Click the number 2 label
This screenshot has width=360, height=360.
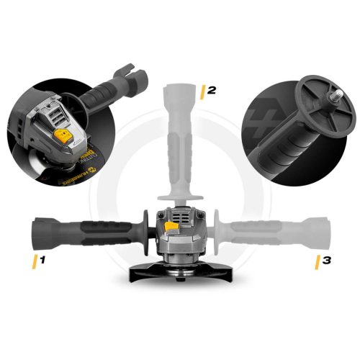[x=210, y=91]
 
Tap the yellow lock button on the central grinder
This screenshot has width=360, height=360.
[x=172, y=228]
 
